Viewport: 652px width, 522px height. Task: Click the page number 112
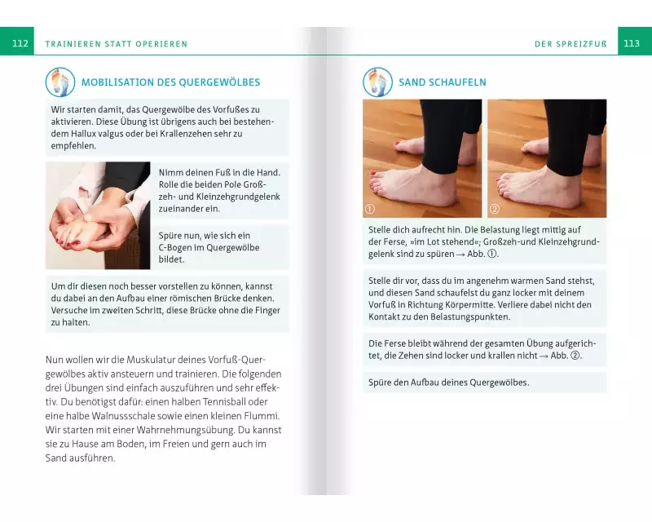tap(20, 43)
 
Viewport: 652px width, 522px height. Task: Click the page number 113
tap(631, 43)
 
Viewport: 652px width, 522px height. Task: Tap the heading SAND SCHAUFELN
tap(443, 82)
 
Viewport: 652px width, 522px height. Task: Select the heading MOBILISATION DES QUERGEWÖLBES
tap(170, 82)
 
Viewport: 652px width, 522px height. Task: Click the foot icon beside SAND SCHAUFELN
tap(377, 82)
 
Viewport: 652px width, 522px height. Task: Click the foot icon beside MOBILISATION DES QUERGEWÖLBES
tap(60, 82)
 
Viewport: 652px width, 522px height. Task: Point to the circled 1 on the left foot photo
tap(370, 209)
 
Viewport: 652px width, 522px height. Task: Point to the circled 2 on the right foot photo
tap(495, 209)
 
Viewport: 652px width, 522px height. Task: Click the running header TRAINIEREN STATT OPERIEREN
tap(117, 44)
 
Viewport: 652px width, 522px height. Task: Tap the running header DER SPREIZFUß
tap(570, 44)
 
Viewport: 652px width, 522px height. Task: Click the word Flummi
tap(262, 416)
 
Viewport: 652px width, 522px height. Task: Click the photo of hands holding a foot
tap(98, 215)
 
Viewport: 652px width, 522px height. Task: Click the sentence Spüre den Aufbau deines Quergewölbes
tap(449, 383)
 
